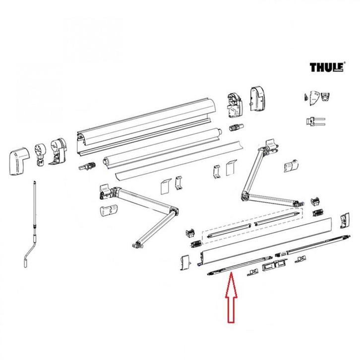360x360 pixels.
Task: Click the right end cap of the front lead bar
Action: point(344,218)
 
